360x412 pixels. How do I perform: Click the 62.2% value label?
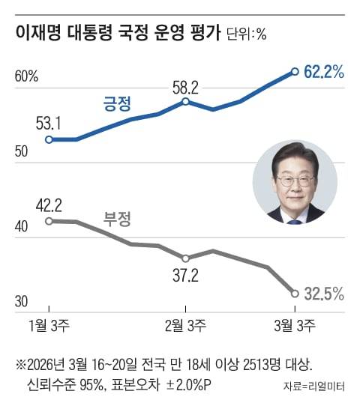tap(324, 72)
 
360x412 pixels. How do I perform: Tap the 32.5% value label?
tap(324, 294)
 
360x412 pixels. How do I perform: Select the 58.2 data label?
tap(184, 87)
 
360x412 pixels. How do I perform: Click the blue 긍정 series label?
tap(116, 103)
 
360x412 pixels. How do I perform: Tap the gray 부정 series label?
tap(116, 220)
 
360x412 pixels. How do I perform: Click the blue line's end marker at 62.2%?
tap(295, 72)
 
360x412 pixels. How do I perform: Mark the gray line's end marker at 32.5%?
tap(295, 294)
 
